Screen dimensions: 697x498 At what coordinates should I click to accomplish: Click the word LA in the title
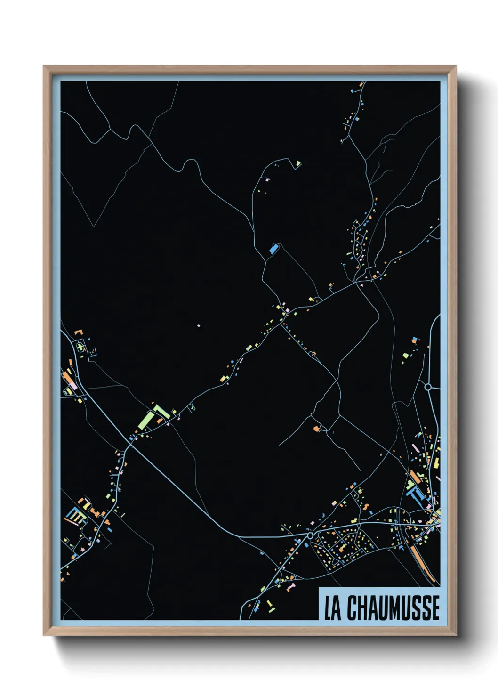click(x=332, y=608)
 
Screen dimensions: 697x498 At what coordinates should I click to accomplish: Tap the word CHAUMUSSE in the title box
click(x=394, y=608)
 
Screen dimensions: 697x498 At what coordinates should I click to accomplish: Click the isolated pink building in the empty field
click(x=198, y=325)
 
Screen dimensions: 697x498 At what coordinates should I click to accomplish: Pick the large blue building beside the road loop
click(x=273, y=249)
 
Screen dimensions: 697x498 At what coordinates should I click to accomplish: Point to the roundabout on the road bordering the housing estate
click(x=310, y=535)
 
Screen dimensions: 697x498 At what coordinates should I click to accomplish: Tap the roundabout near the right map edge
click(x=428, y=387)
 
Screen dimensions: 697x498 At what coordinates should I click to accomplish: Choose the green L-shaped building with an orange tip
click(x=161, y=412)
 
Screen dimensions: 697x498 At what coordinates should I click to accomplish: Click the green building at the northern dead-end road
click(x=298, y=164)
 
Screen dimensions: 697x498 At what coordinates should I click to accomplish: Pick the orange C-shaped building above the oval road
click(x=78, y=333)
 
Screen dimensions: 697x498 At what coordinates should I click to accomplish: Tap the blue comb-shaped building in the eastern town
click(x=417, y=495)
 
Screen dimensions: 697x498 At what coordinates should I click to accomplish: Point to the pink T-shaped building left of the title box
click(x=291, y=586)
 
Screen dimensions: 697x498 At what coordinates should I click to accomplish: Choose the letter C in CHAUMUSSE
click(x=353, y=608)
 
